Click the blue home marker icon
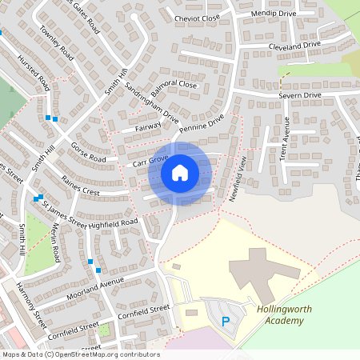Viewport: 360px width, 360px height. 179,171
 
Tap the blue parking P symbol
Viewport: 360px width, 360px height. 225,322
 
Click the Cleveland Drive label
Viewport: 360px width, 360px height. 294,46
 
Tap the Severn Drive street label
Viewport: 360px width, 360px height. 300,95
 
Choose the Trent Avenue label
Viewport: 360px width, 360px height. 285,139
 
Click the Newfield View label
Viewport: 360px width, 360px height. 238,179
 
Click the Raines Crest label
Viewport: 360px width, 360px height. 82,192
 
